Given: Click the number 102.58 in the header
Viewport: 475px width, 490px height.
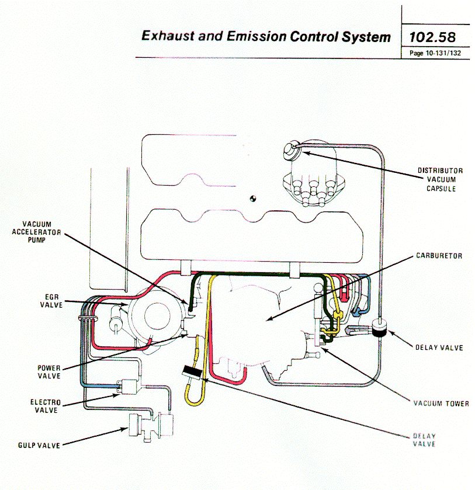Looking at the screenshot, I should pyautogui.click(x=432, y=37).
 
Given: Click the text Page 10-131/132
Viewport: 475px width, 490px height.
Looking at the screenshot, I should pyautogui.click(x=432, y=53).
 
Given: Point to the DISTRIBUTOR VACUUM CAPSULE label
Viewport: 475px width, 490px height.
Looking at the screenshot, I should pyautogui.click(x=440, y=179).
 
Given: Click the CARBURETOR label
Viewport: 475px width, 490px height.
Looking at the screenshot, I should pyautogui.click(x=439, y=256).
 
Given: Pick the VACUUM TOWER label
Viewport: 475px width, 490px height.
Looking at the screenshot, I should pyautogui.click(x=441, y=404).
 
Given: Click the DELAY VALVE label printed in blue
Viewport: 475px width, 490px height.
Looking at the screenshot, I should pyautogui.click(x=424, y=440).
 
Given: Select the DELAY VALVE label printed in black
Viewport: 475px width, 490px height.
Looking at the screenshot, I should pyautogui.click(x=439, y=347).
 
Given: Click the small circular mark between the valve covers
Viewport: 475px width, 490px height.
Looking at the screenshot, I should pyautogui.click(x=253, y=198).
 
